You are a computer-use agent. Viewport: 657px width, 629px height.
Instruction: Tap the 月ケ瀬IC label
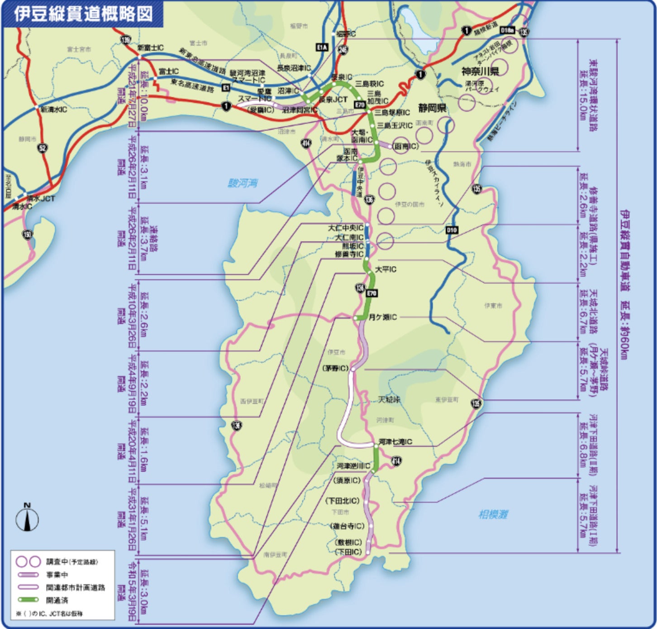383,317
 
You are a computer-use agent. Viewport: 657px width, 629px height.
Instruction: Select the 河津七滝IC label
395,442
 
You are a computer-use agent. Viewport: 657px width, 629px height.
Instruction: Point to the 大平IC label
386,269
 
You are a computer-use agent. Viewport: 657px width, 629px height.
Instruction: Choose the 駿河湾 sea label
243,183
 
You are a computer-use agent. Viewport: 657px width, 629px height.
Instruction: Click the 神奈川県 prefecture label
480,72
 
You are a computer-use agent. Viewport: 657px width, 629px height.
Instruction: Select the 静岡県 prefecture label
433,108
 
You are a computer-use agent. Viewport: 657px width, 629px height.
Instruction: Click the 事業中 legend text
57,575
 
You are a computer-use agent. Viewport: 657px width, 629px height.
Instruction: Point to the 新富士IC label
150,48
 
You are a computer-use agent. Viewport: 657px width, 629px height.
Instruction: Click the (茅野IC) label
337,368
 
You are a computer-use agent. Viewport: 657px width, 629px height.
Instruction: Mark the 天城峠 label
389,399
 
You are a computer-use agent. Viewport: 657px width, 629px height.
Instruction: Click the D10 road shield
452,230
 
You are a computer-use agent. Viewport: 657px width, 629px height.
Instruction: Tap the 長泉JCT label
333,100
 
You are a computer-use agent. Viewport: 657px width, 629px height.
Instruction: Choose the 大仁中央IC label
346,228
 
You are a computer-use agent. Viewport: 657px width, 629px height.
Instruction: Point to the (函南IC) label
405,146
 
